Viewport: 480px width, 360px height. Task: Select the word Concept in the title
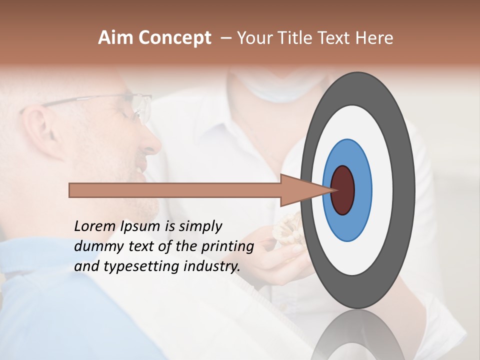click(x=174, y=38)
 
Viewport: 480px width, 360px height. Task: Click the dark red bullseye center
click(x=342, y=190)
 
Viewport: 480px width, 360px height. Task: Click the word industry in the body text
click(x=212, y=266)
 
